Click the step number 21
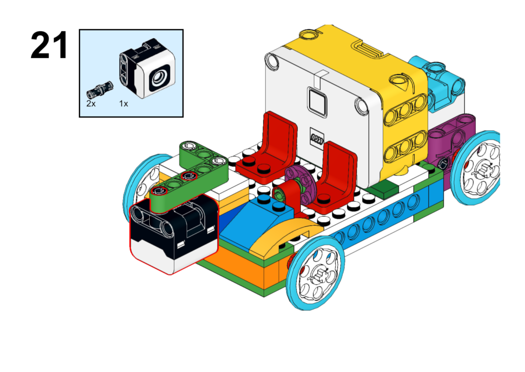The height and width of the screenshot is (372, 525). coord(49,45)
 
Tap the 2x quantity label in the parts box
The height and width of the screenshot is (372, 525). coord(91,104)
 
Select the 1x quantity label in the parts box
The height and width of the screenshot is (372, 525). coord(124,104)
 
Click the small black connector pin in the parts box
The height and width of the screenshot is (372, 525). coord(100,89)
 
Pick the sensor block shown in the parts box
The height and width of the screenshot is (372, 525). coord(147,68)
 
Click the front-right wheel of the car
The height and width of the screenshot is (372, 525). coord(315,273)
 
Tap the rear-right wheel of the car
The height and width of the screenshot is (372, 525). coord(476,168)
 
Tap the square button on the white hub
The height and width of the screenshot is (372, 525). coord(317,102)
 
